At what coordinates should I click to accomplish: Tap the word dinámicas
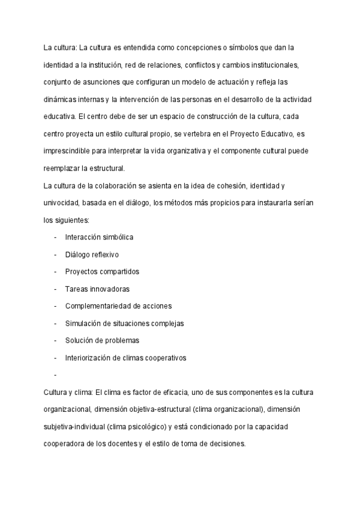61,98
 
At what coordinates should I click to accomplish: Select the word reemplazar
63,167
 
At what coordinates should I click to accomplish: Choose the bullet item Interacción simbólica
99,237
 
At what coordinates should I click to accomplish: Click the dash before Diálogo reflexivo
55,254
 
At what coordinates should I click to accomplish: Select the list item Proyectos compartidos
102,271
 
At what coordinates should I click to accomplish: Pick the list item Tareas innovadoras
97,289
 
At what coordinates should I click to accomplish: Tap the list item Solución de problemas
102,340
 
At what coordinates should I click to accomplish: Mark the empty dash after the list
55,375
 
